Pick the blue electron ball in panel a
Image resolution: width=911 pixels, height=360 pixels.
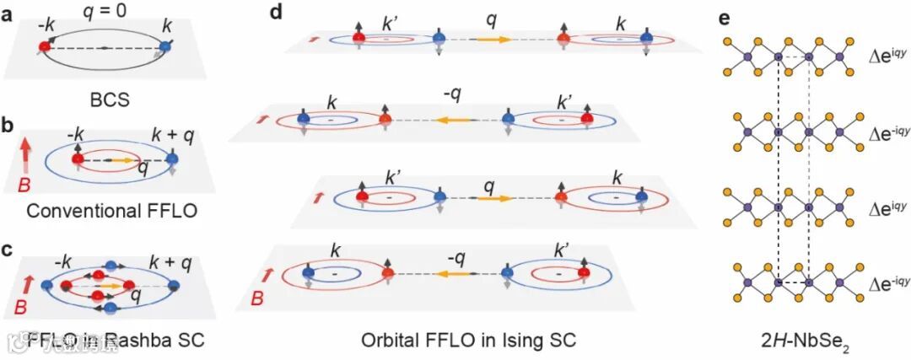pos(165,48)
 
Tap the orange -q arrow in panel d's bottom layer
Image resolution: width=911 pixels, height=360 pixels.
pos(456,273)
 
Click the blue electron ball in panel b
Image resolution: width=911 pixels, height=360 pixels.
pos(173,159)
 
